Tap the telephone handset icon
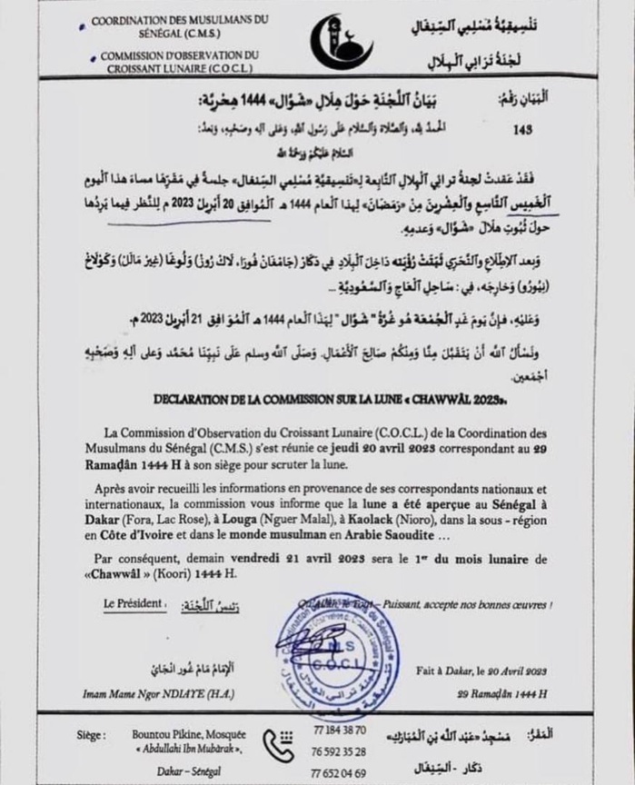[x=279, y=746]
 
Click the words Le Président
[x=134, y=602]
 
